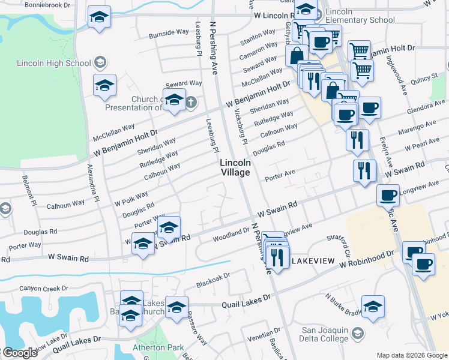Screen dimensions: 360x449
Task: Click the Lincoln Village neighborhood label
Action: coord(235,167)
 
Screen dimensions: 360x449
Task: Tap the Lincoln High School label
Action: coord(54,62)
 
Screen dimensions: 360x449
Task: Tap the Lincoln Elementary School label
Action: coord(360,16)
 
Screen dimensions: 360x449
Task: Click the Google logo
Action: coord(20,353)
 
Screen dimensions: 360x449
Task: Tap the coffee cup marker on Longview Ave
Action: coord(388,194)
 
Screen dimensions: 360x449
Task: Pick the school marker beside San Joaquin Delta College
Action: coord(373,306)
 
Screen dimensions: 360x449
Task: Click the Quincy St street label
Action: coord(425,78)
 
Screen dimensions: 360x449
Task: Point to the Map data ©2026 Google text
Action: coord(411,355)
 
